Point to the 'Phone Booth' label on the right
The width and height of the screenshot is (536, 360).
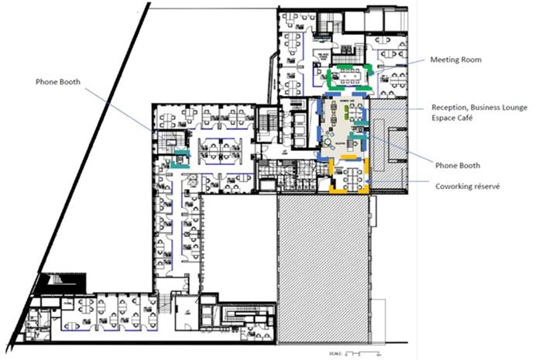(x=459, y=165)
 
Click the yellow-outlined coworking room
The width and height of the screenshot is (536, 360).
(x=348, y=177)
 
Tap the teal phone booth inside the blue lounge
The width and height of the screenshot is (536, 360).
(x=357, y=141)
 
